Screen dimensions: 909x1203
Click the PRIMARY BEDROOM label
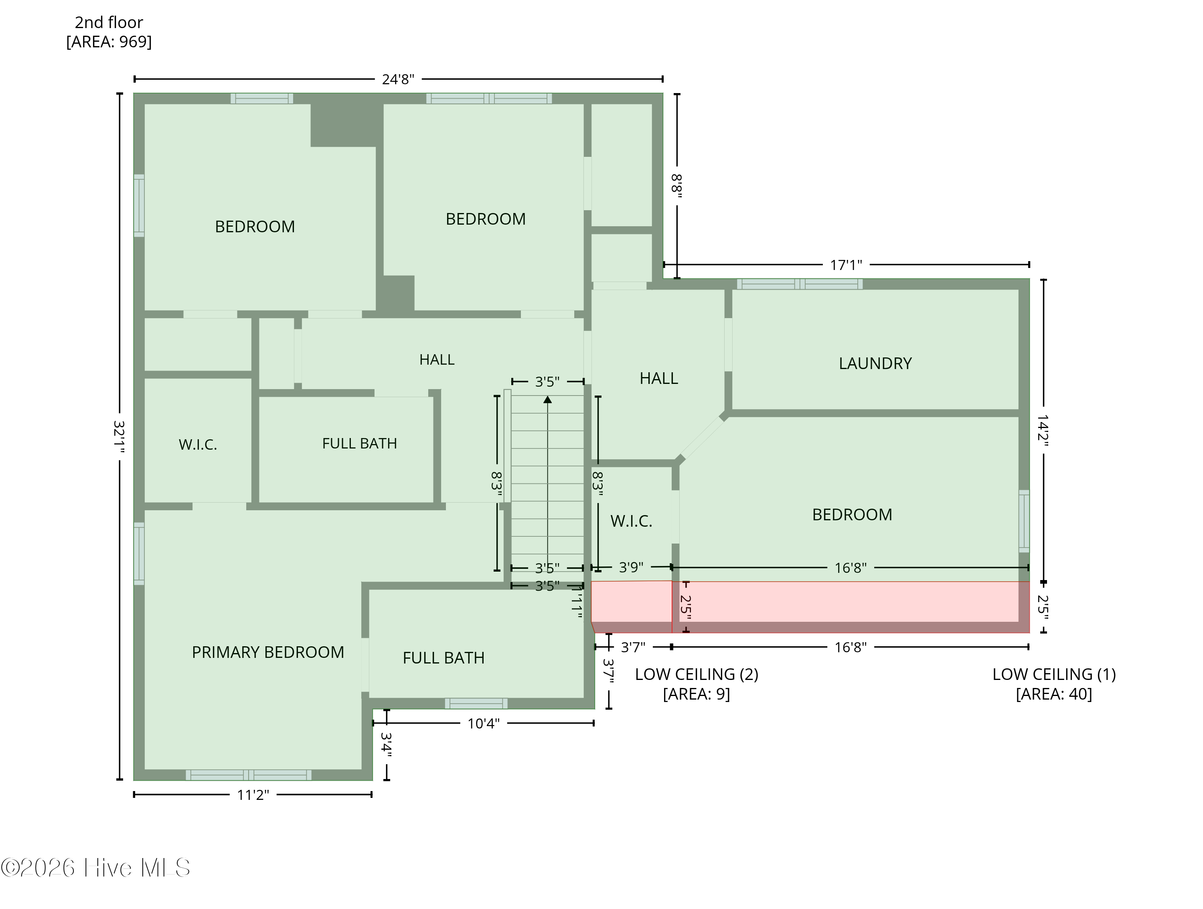[x=267, y=652]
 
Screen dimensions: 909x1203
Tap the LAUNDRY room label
[x=875, y=363]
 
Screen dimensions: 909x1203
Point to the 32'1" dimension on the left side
[x=119, y=437]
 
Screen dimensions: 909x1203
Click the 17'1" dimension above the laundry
[x=846, y=265]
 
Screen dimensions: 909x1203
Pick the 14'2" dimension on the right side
[x=1042, y=431]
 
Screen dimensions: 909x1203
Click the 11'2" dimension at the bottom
[x=253, y=795]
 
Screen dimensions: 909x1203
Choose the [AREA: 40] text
[x=1053, y=694]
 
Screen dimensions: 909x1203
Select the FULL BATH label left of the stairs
[x=359, y=443]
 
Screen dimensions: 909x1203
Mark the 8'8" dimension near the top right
[x=676, y=185]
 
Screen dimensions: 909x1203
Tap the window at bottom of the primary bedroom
[x=249, y=775]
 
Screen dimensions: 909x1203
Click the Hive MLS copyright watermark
[x=96, y=868]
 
